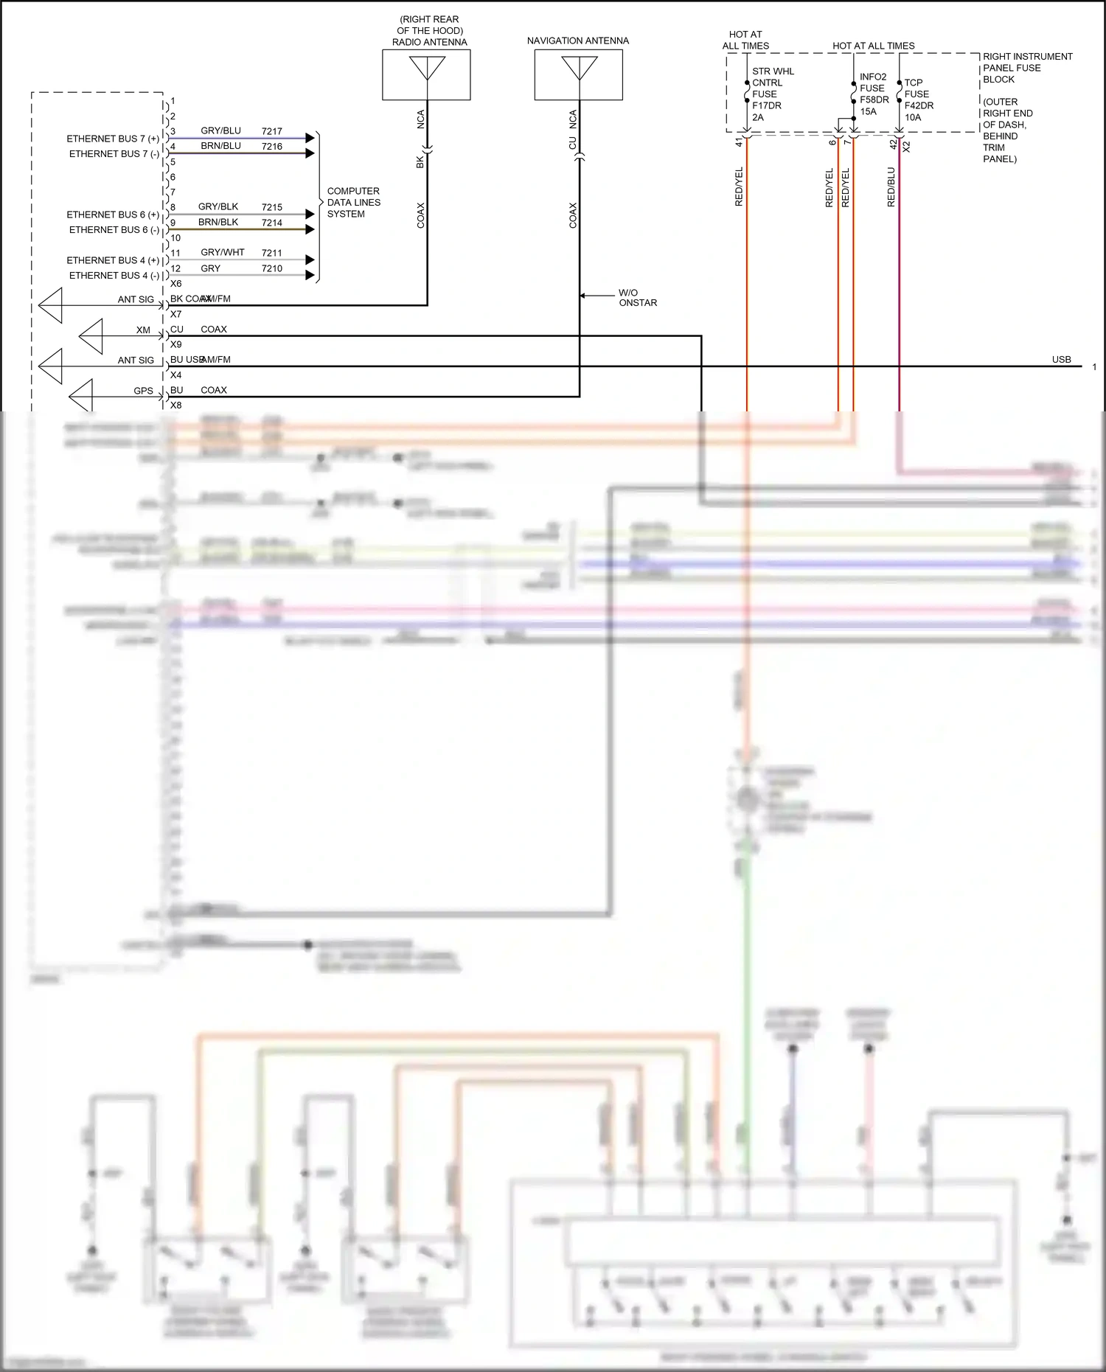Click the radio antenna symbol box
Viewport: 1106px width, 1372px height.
pos(426,74)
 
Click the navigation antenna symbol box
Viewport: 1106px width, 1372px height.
pos(578,74)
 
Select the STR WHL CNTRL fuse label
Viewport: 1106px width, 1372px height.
pos(772,94)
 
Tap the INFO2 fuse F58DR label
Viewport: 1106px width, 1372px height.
pos(874,94)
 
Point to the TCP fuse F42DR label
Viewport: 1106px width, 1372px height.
pos(918,100)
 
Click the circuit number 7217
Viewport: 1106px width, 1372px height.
pos(271,131)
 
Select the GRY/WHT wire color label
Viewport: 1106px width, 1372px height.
pos(222,252)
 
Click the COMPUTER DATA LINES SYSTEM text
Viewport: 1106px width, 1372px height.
pos(353,202)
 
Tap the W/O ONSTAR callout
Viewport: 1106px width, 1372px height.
pos(637,298)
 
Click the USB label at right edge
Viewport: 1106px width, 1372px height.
pos(1061,360)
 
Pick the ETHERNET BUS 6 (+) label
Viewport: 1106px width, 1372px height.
pos(113,215)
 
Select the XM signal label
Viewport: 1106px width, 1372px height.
pos(143,330)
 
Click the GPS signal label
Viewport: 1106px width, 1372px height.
pos(143,391)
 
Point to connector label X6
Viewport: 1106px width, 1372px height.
pos(175,284)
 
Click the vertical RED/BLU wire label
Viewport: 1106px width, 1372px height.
pos(891,187)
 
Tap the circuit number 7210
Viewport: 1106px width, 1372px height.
pos(271,268)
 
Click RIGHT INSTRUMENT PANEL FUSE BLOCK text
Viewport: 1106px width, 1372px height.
pos(1026,68)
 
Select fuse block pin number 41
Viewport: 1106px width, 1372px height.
pos(739,142)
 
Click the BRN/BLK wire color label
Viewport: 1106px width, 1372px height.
pos(218,222)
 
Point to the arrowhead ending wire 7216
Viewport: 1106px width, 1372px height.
pos(310,153)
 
